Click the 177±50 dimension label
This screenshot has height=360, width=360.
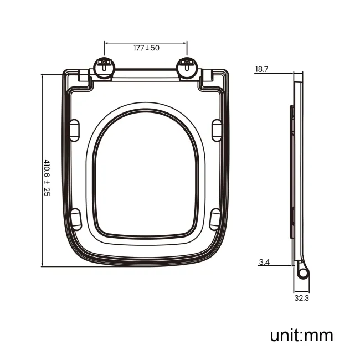tap(146, 48)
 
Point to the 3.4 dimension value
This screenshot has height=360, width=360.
tap(264, 262)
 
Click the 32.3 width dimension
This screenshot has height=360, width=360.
tap(302, 298)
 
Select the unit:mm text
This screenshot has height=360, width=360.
tap(301, 335)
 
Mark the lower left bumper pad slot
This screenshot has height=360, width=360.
tap(76, 219)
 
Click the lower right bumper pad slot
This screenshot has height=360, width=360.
tap(216, 219)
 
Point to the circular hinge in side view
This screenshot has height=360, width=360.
tap(302, 274)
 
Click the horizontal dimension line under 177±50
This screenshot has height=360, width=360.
tap(146, 42)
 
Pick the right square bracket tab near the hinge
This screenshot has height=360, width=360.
tap(207, 77)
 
